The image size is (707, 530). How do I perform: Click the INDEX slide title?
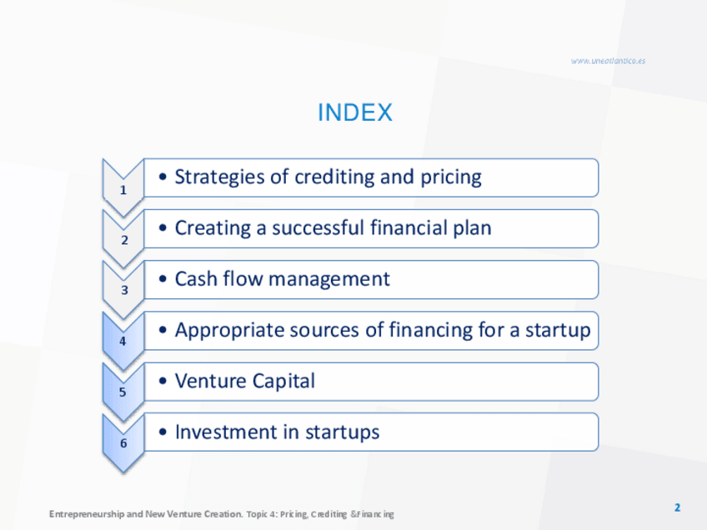tap(355, 112)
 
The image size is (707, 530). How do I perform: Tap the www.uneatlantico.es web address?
tap(608, 61)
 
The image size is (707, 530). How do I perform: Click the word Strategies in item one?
tap(219, 177)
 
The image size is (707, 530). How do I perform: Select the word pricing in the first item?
tap(451, 177)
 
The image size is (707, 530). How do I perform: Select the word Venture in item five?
tap(211, 381)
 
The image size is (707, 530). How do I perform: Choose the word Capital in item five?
tap(283, 382)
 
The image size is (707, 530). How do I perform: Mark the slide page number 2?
tap(677, 507)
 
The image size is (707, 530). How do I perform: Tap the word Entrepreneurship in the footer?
tap(87, 514)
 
